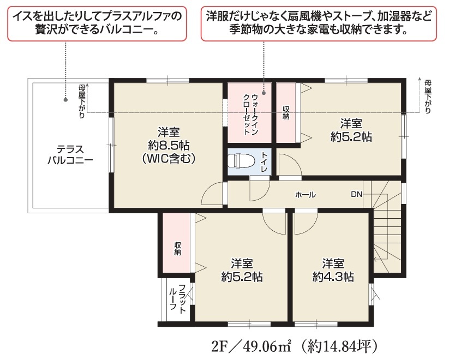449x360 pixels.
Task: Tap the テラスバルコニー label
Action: (70, 155)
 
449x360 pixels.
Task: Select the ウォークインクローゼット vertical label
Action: (250, 114)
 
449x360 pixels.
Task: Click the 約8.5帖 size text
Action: (169, 146)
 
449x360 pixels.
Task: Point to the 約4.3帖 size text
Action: (333, 277)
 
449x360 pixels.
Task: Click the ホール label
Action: (306, 195)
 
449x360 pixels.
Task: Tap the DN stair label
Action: (356, 195)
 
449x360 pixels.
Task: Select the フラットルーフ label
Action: (177, 298)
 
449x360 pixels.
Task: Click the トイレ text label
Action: (264, 162)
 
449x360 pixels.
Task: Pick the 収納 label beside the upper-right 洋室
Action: (286, 112)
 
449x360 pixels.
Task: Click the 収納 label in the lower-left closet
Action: (177, 249)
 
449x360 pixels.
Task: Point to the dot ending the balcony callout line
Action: (65, 100)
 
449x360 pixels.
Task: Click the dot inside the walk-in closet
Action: (264, 93)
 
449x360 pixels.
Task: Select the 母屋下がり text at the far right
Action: (428, 97)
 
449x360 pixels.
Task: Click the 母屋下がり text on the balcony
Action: (82, 101)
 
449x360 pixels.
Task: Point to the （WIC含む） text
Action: (169, 158)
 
